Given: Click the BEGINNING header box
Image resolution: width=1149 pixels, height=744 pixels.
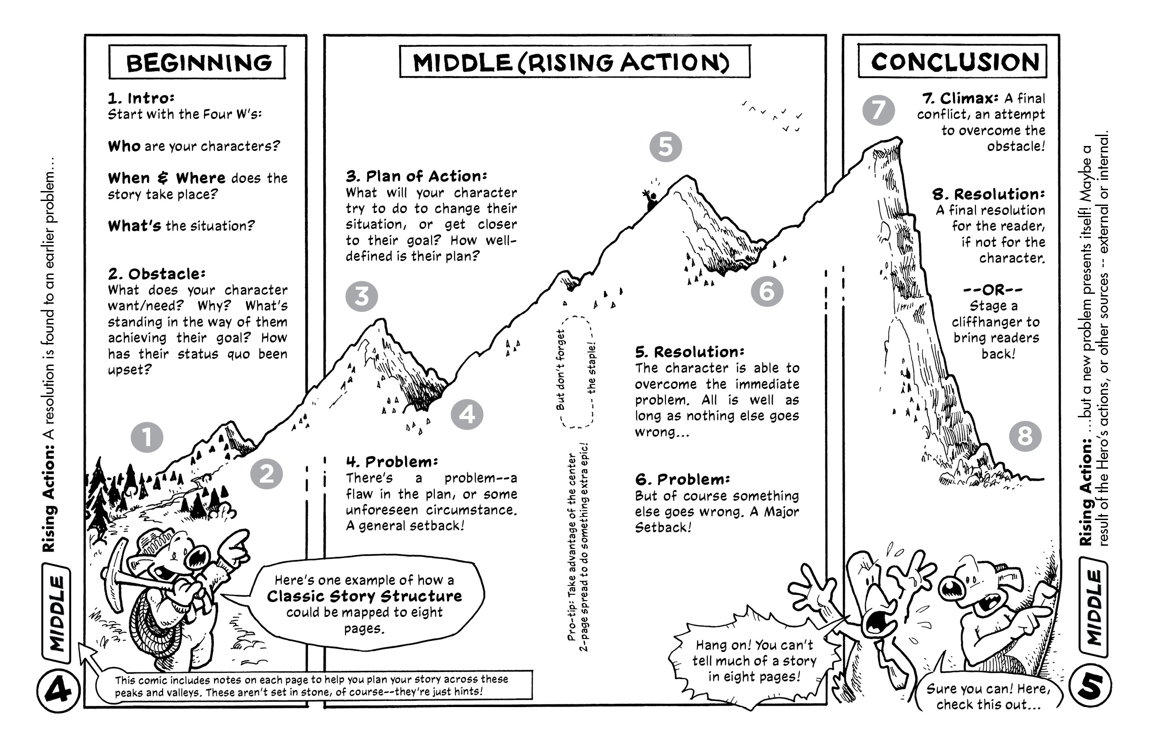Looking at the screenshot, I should pyautogui.click(x=197, y=62).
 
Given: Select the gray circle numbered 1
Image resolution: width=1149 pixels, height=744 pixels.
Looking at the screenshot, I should pyautogui.click(x=147, y=437).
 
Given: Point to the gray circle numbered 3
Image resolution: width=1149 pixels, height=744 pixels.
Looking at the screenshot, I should pyautogui.click(x=361, y=296).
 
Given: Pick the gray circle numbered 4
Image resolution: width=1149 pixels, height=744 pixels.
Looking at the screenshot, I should pyautogui.click(x=467, y=414).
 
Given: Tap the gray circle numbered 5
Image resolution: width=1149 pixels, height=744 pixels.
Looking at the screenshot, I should pyautogui.click(x=665, y=146).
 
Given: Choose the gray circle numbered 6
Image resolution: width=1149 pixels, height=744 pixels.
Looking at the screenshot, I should pyautogui.click(x=766, y=291).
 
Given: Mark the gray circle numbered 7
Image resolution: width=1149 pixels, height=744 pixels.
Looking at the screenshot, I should pyautogui.click(x=878, y=110).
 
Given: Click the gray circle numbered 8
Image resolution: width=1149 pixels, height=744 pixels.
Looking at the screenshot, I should pyautogui.click(x=1025, y=436).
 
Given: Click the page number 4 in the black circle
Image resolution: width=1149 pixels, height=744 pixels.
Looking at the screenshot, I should pyautogui.click(x=58, y=690).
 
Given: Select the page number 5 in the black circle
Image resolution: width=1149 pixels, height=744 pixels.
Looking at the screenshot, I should pyautogui.click(x=1090, y=686).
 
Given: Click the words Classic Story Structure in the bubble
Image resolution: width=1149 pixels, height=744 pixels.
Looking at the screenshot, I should pyautogui.click(x=365, y=596).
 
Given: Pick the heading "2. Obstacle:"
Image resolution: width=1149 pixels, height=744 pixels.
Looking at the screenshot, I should pyautogui.click(x=156, y=274).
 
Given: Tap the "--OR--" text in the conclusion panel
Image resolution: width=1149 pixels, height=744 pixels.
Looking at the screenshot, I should pyautogui.click(x=993, y=290).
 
